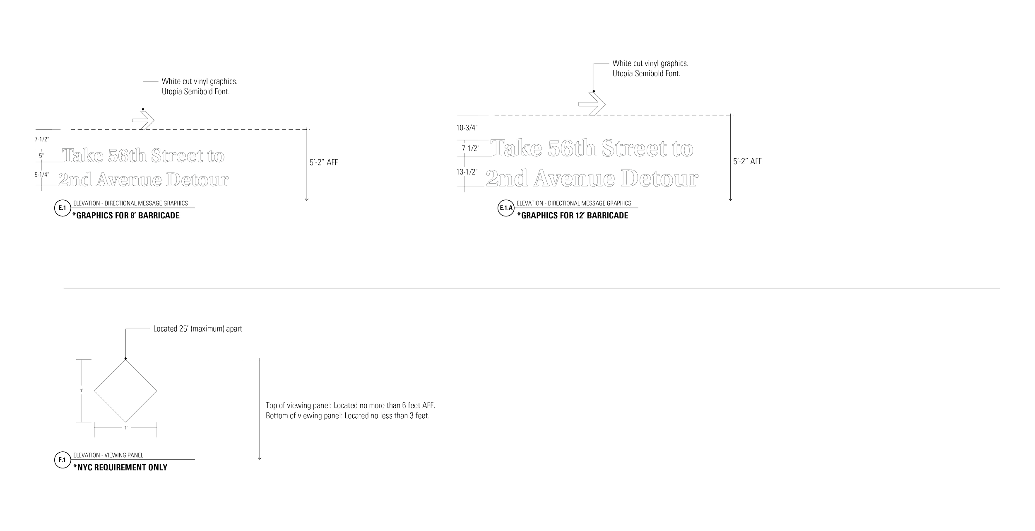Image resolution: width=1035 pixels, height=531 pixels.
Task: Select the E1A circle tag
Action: (505, 209)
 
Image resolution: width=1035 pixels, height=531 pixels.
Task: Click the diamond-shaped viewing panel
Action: (125, 391)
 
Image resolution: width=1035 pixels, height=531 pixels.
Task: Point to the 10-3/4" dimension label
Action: (467, 128)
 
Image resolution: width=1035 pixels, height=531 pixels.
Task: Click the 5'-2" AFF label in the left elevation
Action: (324, 163)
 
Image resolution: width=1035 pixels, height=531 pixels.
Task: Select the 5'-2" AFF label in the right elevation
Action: (748, 162)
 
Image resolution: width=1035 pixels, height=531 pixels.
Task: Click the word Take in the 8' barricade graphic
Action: (83, 156)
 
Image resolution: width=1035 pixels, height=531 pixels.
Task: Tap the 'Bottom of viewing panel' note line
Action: (347, 416)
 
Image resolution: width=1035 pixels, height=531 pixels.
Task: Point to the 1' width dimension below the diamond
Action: (125, 427)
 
